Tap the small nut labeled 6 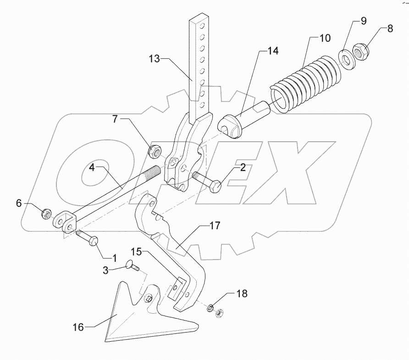click(x=46, y=213)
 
